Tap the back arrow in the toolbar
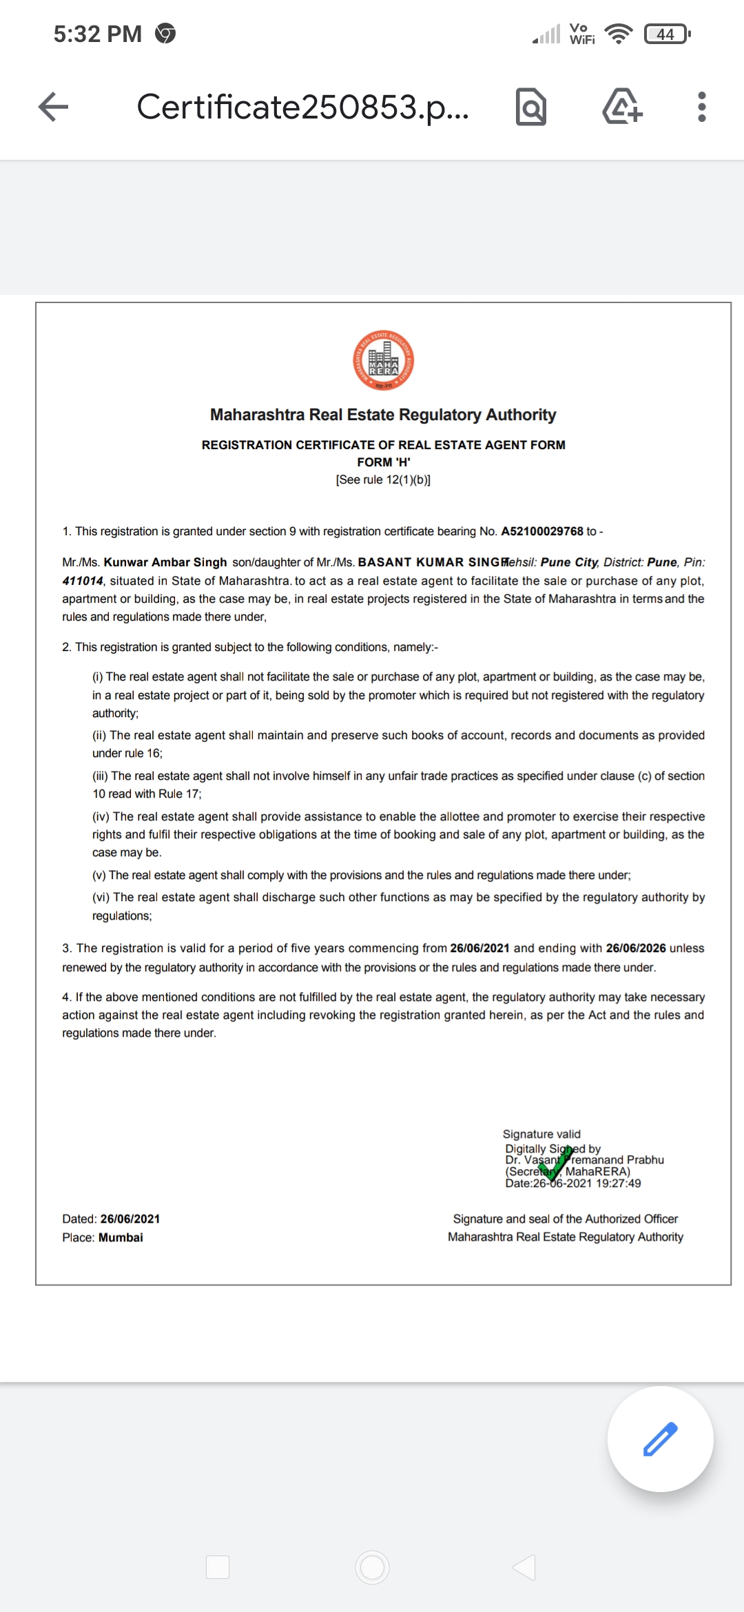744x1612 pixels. [x=53, y=107]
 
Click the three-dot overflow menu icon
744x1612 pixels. [x=701, y=107]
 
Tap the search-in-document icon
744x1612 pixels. [x=530, y=107]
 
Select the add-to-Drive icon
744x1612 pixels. [x=622, y=107]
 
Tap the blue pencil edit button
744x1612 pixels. [x=660, y=1438]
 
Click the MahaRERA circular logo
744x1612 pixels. [x=383, y=360]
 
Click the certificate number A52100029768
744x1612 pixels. [x=541, y=531]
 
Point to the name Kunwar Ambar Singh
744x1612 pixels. [x=165, y=562]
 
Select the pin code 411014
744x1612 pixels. [x=83, y=581]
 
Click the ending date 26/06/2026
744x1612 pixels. [x=635, y=948]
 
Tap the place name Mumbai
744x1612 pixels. [x=121, y=1237]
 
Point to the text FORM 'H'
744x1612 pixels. [x=383, y=462]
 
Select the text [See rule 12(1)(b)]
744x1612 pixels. [x=383, y=479]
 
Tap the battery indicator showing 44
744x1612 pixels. [x=666, y=34]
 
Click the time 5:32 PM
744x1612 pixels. [x=98, y=34]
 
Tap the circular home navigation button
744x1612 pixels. [x=372, y=1567]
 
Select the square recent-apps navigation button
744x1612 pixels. [x=218, y=1567]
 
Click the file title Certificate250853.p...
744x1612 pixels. [x=303, y=107]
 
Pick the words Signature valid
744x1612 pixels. [x=541, y=1134]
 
